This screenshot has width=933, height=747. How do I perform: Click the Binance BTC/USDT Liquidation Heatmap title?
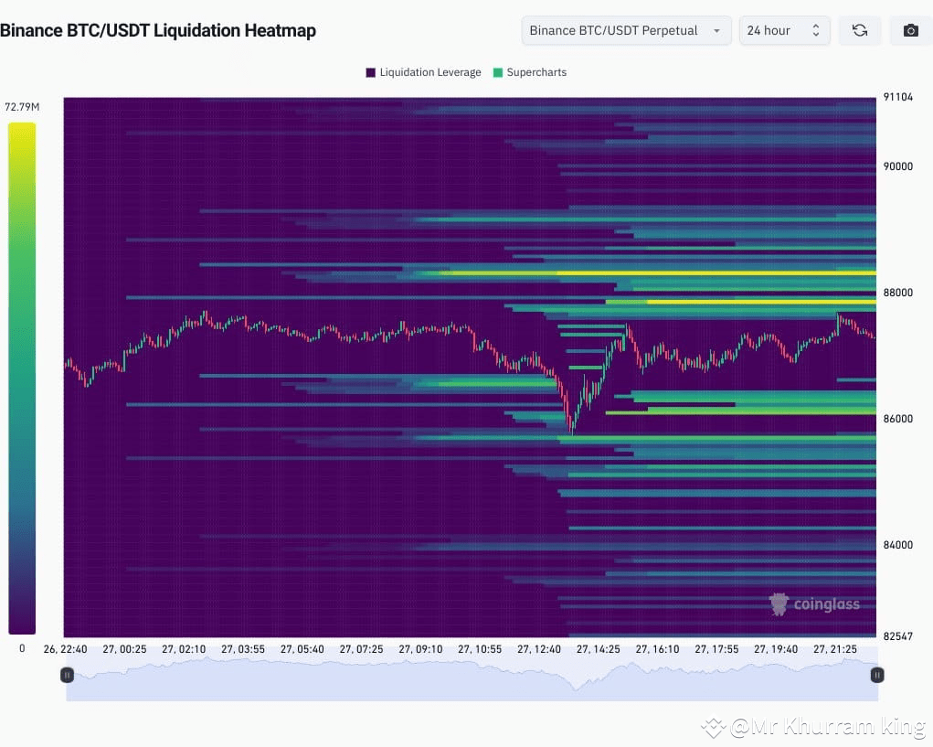coord(157,30)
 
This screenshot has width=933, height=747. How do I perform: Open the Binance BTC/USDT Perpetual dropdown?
coord(626,30)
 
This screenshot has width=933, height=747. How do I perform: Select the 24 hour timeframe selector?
coord(784,30)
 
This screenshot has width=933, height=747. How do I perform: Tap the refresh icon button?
coord(860,30)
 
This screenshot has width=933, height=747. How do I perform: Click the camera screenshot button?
coord(910,30)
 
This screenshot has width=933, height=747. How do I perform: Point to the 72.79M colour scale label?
coord(22,107)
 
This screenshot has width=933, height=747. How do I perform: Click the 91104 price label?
coord(897,97)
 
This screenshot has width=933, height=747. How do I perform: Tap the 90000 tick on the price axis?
coord(897,166)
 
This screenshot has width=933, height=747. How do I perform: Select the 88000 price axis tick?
coord(897,293)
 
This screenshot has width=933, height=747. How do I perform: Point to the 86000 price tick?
coord(897,419)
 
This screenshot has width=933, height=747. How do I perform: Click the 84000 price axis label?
coord(897,545)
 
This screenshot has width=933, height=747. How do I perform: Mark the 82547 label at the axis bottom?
coord(897,635)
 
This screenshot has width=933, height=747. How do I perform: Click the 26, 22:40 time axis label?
coord(66,649)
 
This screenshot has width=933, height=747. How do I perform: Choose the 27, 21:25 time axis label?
coord(834,649)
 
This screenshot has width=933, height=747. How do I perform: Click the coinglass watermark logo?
coord(814,604)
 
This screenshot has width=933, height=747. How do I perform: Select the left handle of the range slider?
coord(67,675)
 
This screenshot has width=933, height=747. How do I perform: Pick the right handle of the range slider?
coord(877,675)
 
